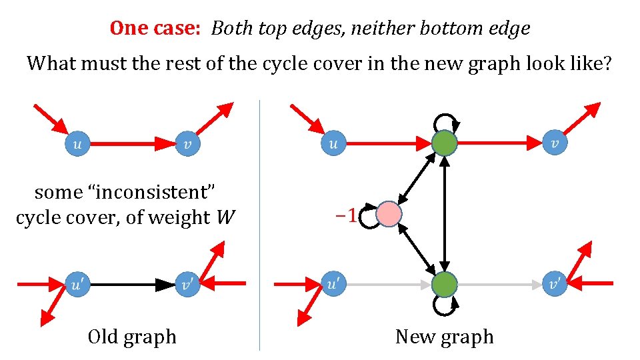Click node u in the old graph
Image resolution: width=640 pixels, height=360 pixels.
point(78,143)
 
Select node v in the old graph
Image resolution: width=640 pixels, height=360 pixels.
point(188,143)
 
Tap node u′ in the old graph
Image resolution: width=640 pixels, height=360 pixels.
point(78,285)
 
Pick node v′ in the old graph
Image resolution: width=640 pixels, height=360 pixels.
point(188,285)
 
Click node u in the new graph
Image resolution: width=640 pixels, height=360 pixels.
point(333,143)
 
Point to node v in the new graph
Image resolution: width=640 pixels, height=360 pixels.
point(555,143)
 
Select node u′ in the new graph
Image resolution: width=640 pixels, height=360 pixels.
point(333,285)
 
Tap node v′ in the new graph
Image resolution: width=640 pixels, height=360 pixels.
point(555,285)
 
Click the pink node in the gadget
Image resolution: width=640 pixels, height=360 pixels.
point(389,215)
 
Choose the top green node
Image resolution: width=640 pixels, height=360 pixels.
point(444,143)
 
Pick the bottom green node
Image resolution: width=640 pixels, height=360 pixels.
point(444,285)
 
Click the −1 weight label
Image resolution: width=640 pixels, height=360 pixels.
point(344,215)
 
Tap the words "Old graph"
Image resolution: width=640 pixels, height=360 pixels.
point(132,337)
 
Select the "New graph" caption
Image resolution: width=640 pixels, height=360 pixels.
point(444,337)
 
